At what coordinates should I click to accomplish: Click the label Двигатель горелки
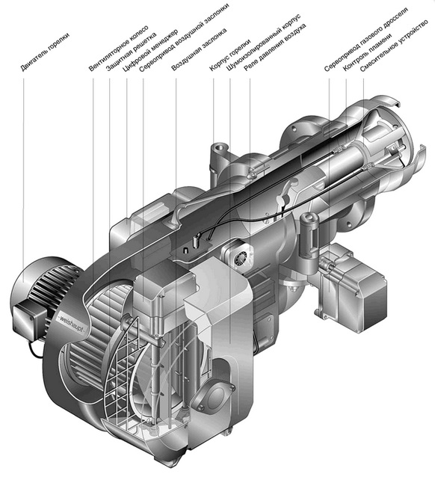[45, 52]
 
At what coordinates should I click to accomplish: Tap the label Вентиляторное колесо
[119, 49]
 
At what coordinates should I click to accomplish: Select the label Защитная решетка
[132, 52]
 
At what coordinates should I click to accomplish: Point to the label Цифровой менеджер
[149, 51]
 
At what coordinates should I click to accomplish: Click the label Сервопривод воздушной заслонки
[184, 37]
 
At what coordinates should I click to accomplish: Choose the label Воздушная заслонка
[199, 49]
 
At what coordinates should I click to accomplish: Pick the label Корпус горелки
[230, 55]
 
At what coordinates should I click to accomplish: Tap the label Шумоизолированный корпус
[264, 43]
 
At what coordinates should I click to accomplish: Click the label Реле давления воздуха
[275, 47]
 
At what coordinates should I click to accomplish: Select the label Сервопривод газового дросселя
[365, 40]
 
